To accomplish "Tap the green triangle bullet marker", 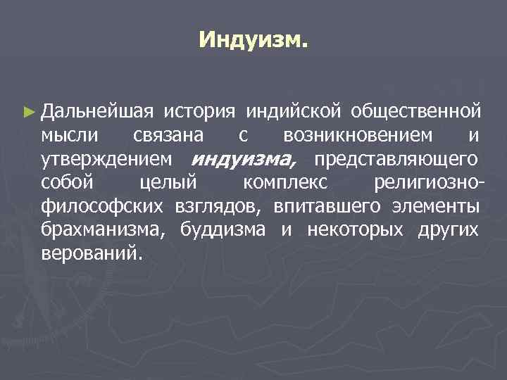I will (28, 111).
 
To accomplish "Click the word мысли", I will (70, 134).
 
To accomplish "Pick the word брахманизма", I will (105, 229).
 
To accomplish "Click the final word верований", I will (91, 253).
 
